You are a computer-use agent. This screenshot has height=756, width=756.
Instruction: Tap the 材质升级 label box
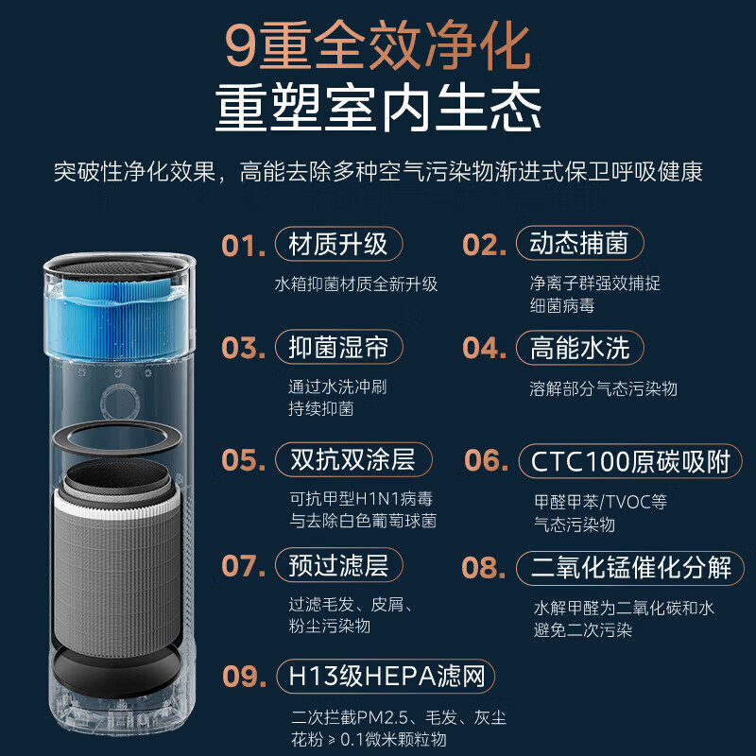click(x=337, y=244)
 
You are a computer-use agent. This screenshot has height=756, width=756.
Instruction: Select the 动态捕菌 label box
click(x=579, y=244)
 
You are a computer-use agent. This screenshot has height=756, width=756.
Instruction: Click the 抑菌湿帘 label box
click(x=337, y=347)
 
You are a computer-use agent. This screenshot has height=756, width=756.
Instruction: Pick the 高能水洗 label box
click(x=579, y=347)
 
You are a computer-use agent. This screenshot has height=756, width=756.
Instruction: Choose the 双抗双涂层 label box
click(x=352, y=460)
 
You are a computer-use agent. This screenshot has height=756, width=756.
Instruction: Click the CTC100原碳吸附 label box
click(x=630, y=462)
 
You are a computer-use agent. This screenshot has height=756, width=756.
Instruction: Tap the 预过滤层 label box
click(x=337, y=565)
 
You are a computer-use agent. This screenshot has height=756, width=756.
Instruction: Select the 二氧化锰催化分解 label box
click(x=631, y=567)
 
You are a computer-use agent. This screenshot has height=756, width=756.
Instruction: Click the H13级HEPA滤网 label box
click(x=386, y=677)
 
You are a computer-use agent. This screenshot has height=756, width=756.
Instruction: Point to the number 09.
click(x=243, y=677)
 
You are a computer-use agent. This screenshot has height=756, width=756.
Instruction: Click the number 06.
click(x=487, y=462)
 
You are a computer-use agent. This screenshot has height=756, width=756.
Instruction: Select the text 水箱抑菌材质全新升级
click(x=355, y=283)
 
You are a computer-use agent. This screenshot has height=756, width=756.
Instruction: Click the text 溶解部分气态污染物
click(x=603, y=388)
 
